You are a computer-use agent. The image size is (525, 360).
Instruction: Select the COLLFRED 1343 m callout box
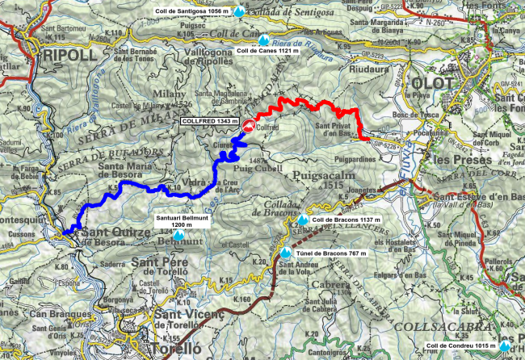[x=208, y=121]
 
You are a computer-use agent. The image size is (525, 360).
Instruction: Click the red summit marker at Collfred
[x=249, y=126]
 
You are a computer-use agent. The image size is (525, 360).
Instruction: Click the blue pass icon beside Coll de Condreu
[x=506, y=346]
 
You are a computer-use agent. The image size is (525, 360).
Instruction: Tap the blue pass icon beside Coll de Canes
[x=264, y=38]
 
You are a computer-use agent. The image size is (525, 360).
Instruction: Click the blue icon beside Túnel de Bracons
[x=286, y=253]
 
